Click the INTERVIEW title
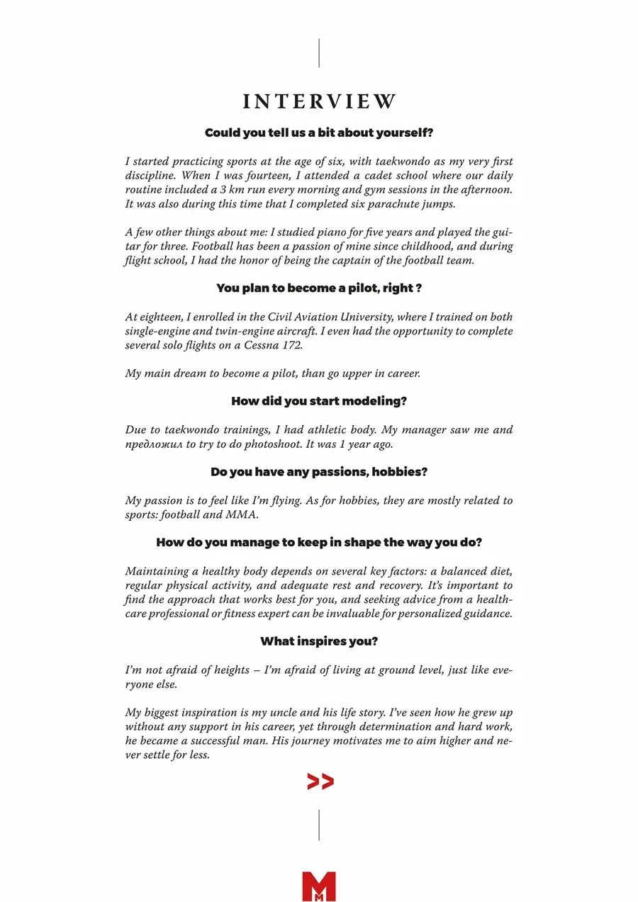click(x=319, y=101)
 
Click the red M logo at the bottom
click(x=318, y=886)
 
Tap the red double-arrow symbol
click(x=320, y=782)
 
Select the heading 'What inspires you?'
click(x=319, y=641)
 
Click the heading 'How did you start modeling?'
click(x=319, y=401)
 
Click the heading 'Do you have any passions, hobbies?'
click(x=319, y=472)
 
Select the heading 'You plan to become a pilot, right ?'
click(x=319, y=288)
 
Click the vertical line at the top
click(x=319, y=53)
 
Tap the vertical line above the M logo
click(x=319, y=825)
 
